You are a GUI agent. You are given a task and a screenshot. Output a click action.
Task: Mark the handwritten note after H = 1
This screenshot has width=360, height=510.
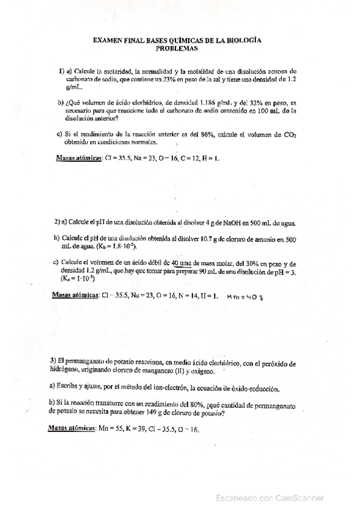click(245, 297)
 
